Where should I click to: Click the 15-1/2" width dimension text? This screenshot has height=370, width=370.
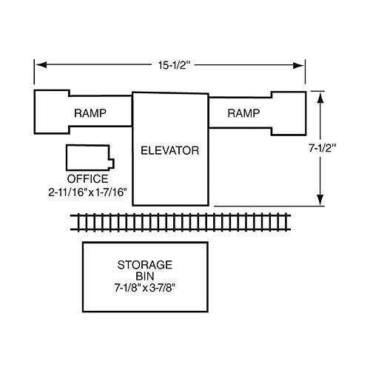(x=174, y=65)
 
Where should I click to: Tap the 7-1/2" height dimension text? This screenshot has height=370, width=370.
(x=323, y=148)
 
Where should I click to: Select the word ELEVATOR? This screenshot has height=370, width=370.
(x=170, y=150)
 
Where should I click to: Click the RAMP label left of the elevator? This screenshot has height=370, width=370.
(x=90, y=113)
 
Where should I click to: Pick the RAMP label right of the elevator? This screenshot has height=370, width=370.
(x=243, y=113)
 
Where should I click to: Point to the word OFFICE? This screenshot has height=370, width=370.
(x=88, y=179)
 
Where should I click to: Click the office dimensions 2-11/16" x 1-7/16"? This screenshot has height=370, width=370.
(x=87, y=192)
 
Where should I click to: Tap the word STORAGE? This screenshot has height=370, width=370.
(x=145, y=265)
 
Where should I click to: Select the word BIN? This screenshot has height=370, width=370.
(x=145, y=276)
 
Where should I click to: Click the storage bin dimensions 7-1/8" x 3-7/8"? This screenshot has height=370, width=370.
(x=145, y=288)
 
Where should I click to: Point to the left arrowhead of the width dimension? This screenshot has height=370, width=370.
(x=41, y=65)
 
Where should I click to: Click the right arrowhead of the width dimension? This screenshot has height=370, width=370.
(x=298, y=65)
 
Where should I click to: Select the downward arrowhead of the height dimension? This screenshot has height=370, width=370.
(x=320, y=200)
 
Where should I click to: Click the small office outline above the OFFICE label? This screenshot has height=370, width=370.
(x=67, y=158)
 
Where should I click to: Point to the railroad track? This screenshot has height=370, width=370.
(x=181, y=223)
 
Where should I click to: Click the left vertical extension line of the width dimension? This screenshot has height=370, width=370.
(x=34, y=72)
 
